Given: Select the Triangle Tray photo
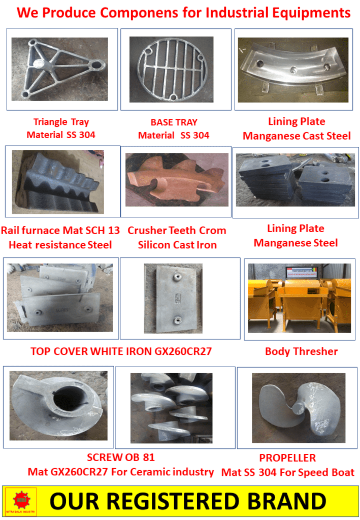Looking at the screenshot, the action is (x=60, y=69).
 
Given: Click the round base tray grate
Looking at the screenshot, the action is (x=172, y=70).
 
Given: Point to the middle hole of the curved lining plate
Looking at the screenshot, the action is (x=293, y=70).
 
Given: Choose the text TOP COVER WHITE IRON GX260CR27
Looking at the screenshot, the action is (x=121, y=351).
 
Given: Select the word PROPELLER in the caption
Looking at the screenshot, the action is (x=287, y=458).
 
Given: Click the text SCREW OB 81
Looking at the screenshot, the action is (x=121, y=458).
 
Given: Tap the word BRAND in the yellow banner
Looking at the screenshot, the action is (x=286, y=501).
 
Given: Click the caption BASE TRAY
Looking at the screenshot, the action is (x=174, y=122).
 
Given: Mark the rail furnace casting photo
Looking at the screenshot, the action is (x=58, y=182).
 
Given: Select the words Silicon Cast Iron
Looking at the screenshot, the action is (x=177, y=245).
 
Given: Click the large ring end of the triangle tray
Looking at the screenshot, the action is (x=98, y=64).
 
